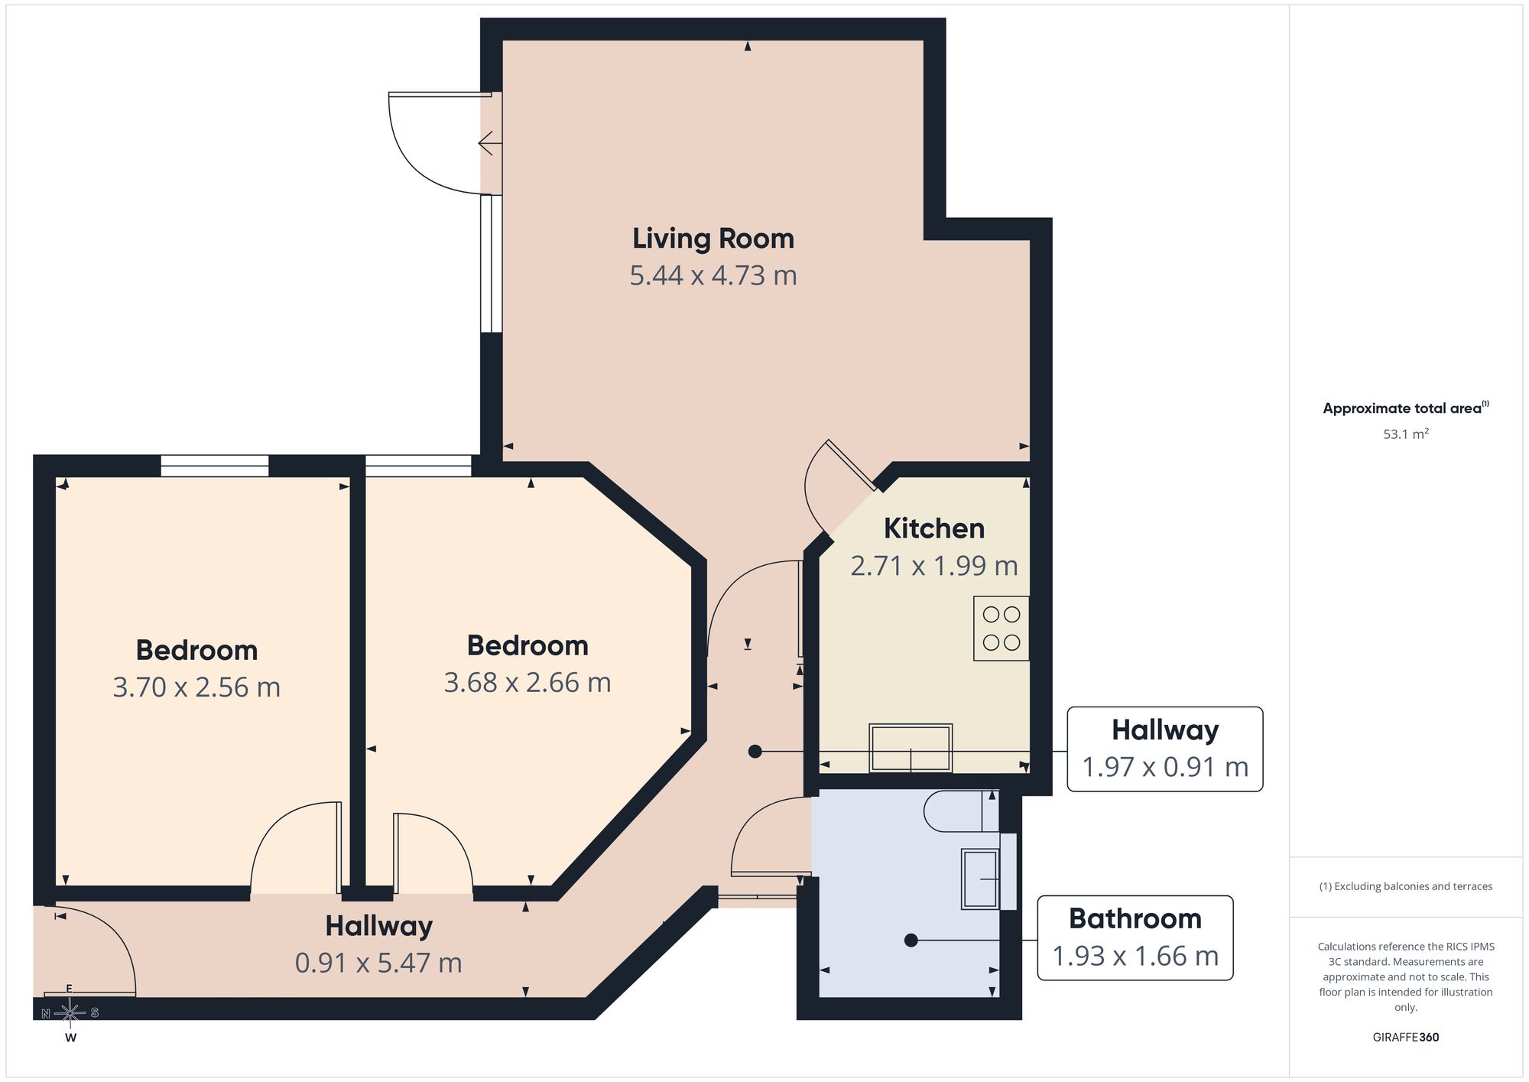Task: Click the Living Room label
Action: pyautogui.click(x=713, y=239)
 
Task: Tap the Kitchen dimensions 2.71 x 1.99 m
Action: pyautogui.click(x=934, y=566)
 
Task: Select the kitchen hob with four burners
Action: pyautogui.click(x=1001, y=629)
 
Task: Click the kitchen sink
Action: pyautogui.click(x=911, y=748)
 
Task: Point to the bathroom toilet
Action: pyautogui.click(x=961, y=811)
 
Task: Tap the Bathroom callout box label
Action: pyautogui.click(x=1135, y=937)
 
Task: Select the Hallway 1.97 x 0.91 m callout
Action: pyautogui.click(x=1164, y=749)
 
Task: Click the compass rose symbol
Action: pyautogui.click(x=70, y=1013)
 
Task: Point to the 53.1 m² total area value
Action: pyautogui.click(x=1405, y=434)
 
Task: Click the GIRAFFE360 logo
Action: pyautogui.click(x=1405, y=1038)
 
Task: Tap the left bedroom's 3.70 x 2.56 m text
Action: pyautogui.click(x=196, y=687)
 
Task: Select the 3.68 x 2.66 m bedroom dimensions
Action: pyautogui.click(x=528, y=683)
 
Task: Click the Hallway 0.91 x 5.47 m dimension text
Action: pyautogui.click(x=378, y=963)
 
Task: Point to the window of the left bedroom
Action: pyautogui.click(x=215, y=466)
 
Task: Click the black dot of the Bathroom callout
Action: pyautogui.click(x=911, y=941)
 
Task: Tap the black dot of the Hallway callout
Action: pyautogui.click(x=755, y=752)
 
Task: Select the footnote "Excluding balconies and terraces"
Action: pyautogui.click(x=1405, y=887)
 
